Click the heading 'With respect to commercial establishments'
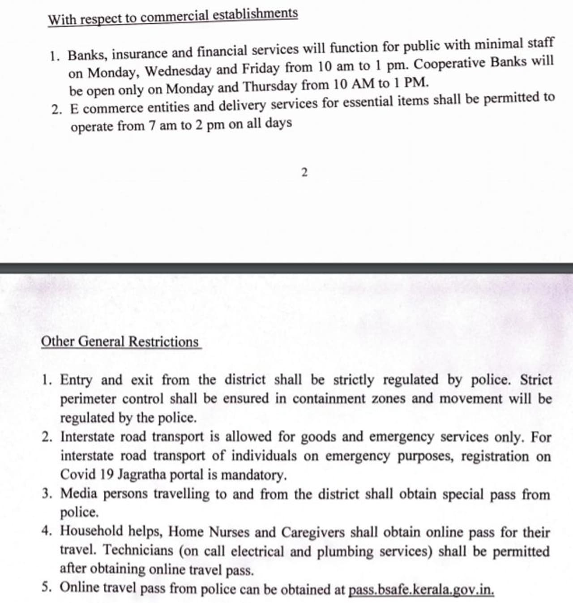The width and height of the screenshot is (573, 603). (173, 17)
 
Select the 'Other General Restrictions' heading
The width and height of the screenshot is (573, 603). (120, 342)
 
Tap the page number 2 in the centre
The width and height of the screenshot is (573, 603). (304, 172)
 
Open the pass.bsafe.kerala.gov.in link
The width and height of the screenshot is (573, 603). (421, 589)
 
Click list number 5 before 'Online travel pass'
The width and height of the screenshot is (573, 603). (46, 587)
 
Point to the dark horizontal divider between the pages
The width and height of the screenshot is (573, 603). (286, 268)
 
